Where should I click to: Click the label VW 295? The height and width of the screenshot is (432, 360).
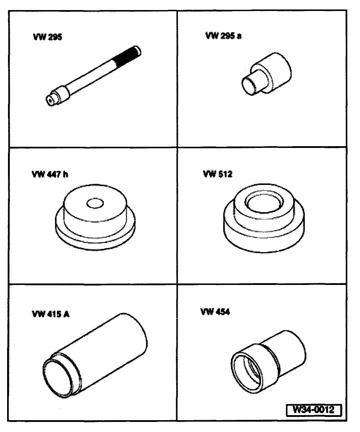(x=47, y=37)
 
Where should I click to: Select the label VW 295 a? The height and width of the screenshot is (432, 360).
(x=223, y=36)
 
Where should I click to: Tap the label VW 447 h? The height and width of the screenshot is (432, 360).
(x=50, y=174)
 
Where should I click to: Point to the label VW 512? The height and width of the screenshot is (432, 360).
(x=218, y=174)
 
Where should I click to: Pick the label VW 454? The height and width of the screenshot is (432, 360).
(x=215, y=312)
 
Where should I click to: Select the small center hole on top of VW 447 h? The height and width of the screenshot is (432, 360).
(x=95, y=203)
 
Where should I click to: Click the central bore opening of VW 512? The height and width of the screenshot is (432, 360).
(x=263, y=204)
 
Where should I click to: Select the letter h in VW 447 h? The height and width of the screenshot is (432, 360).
(x=65, y=174)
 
